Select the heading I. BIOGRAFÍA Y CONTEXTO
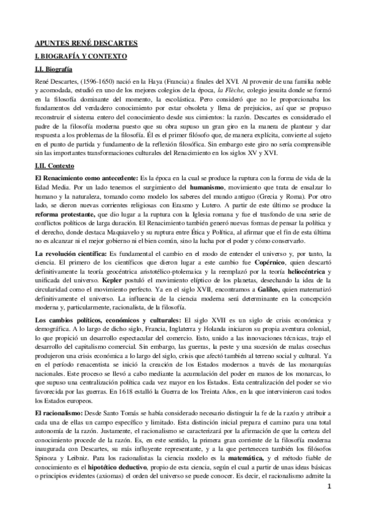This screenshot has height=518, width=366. (x=81, y=56)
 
